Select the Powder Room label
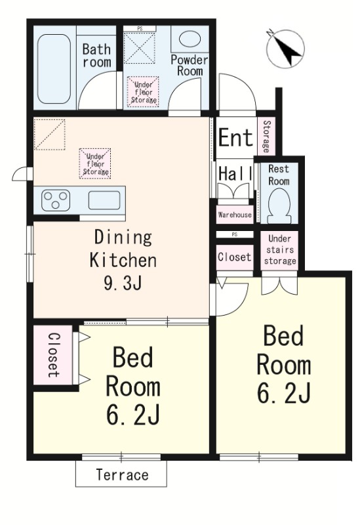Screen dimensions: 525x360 pos(189,65)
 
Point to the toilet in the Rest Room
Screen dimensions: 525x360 pos(278,205)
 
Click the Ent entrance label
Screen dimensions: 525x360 pos(235,138)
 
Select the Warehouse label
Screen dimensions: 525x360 pos(234,215)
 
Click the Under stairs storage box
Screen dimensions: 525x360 pos(280,249)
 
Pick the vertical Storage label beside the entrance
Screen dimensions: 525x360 pos(266,135)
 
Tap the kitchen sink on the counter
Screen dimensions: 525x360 pos(104,199)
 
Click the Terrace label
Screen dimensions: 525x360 pos(122,474)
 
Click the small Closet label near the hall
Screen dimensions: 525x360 pos(234,257)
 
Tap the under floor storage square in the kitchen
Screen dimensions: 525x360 pos(95,163)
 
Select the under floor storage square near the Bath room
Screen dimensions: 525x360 pos(142,91)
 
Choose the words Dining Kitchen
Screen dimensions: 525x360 pos(123,248)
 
